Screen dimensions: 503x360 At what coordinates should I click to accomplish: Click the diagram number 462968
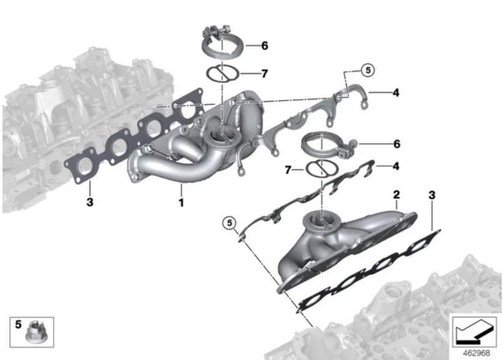point(476,353)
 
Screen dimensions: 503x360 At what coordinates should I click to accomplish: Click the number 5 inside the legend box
point(18,324)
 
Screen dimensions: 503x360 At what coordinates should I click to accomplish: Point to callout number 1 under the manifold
point(181,203)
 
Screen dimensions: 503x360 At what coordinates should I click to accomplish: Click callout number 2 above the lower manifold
point(396,194)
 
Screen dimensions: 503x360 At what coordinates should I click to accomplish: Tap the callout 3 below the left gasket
point(90,202)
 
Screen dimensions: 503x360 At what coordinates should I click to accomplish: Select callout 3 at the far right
point(432,195)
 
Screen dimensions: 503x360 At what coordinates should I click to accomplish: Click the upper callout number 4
point(396,92)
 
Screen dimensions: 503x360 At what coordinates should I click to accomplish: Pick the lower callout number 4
point(396,166)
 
